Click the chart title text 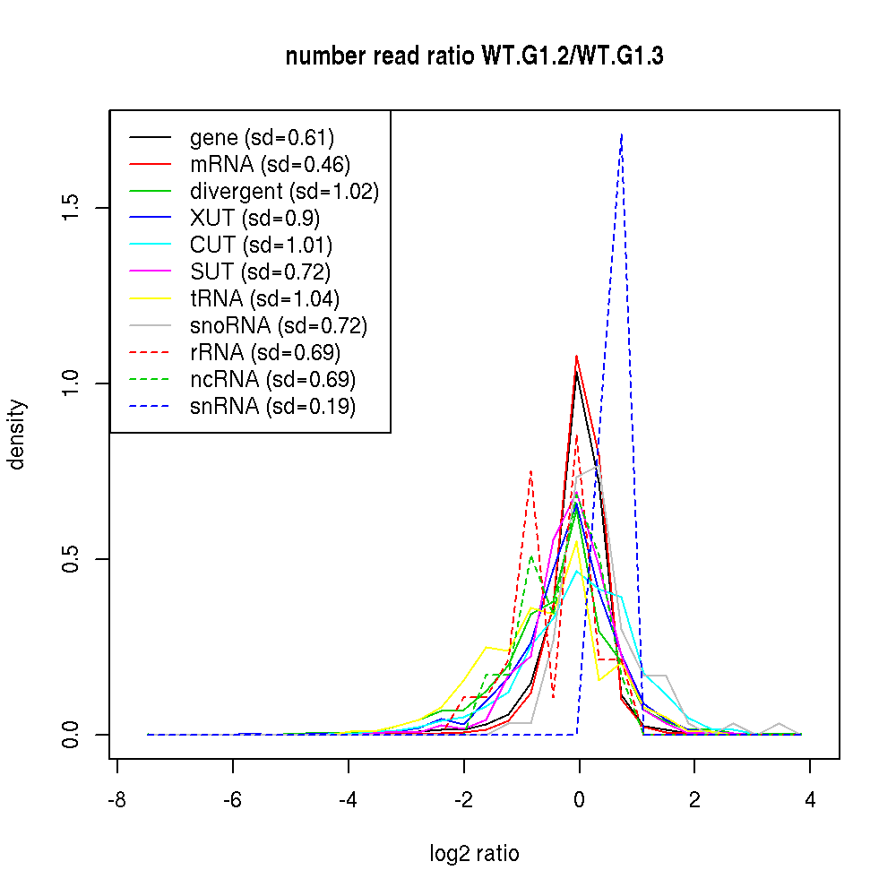(474, 56)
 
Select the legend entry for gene (262, 138)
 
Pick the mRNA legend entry (270, 165)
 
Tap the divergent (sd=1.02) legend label (284, 192)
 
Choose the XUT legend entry (254, 219)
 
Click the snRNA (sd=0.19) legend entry (272, 407)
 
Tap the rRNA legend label (265, 353)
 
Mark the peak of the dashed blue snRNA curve (621, 134)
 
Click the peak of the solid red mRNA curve (576, 356)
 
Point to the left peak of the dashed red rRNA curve (531, 470)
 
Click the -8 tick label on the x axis (117, 800)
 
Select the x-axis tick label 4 (810, 800)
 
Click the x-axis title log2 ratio (474, 854)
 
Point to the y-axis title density (17, 434)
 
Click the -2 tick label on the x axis (463, 800)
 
